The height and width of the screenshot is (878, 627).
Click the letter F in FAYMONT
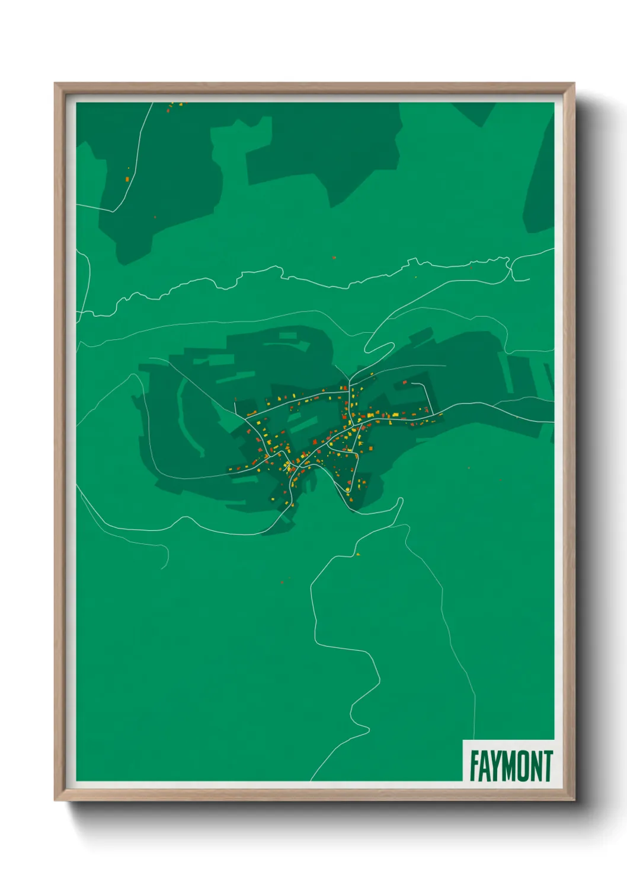click(x=474, y=766)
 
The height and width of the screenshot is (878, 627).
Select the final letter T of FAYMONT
click(x=548, y=766)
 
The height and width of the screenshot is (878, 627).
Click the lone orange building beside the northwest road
click(x=127, y=178)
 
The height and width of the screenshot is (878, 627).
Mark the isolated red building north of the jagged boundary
click(x=334, y=258)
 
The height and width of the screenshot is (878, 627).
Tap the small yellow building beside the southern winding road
click(x=358, y=554)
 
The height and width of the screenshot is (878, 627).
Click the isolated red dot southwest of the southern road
click(x=282, y=583)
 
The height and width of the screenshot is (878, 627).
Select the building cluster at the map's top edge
click(x=175, y=106)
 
